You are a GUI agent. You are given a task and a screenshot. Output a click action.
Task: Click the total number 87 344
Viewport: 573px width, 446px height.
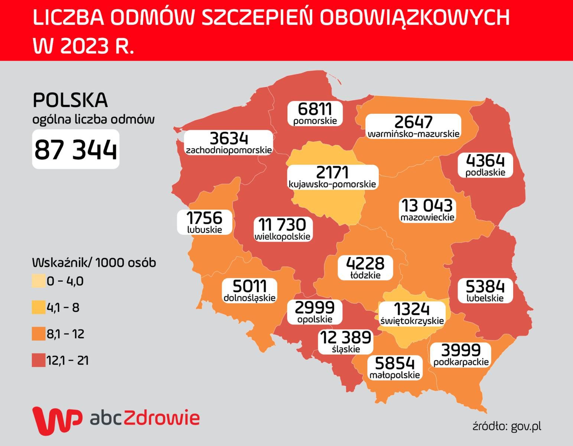click(76, 149)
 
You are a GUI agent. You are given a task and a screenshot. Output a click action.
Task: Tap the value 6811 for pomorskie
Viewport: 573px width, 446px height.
click(315, 109)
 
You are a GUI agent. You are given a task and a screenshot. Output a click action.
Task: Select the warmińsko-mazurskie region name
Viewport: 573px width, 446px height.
click(413, 133)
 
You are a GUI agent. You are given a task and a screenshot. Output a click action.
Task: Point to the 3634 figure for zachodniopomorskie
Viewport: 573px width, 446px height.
click(229, 138)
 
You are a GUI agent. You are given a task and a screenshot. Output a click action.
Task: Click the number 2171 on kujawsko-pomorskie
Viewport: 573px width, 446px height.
click(332, 172)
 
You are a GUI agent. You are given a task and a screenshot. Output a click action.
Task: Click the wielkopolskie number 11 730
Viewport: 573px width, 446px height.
click(283, 225)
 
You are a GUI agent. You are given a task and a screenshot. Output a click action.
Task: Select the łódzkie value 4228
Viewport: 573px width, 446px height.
click(365, 264)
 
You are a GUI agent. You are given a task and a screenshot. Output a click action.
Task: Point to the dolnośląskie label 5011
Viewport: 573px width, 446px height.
click(250, 286)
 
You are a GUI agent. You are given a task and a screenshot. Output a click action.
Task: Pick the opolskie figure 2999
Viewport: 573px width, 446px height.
click(315, 308)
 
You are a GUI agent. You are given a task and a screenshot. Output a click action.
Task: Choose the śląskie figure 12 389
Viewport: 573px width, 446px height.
click(345, 337)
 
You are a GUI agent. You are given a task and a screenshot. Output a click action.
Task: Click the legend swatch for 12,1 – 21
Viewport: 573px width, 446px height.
click(38, 361)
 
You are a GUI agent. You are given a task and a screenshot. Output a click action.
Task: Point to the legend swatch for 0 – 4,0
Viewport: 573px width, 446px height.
click(38, 281)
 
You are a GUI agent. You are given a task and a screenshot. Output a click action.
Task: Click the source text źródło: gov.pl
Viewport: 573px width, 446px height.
click(507, 426)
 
